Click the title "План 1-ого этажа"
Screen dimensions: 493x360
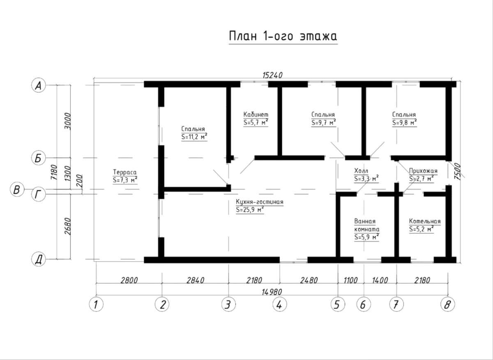tap(283, 36)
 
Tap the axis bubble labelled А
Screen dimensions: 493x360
tap(39, 85)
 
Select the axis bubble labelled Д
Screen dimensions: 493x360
tap(39, 259)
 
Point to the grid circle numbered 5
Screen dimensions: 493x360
tap(338, 305)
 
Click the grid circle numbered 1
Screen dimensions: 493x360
tap(96, 305)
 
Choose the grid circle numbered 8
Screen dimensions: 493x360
tap(448, 305)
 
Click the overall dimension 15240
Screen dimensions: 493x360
tap(272, 75)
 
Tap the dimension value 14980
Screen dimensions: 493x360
tap(272, 292)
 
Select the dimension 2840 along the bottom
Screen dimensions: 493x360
tap(195, 280)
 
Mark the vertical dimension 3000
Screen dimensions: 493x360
tap(68, 121)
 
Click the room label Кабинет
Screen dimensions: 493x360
tap(256, 115)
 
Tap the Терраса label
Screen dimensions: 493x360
tap(125, 172)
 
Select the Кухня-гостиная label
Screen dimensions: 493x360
tap(260, 202)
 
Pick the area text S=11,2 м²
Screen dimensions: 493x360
tap(194, 137)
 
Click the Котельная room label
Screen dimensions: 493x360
tap(425, 221)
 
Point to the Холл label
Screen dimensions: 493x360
tap(361, 171)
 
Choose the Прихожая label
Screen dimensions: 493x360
tap(423, 171)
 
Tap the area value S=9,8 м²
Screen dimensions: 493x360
tap(405, 122)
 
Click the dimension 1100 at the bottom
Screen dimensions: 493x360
tap(350, 280)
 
